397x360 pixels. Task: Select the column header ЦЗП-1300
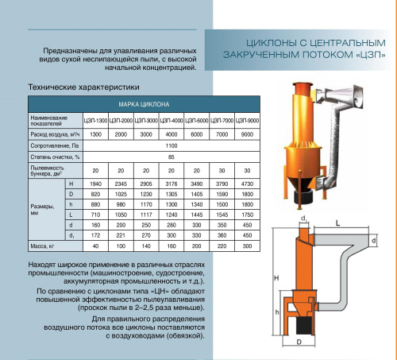tap(94, 119)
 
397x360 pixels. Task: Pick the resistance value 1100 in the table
tap(171, 146)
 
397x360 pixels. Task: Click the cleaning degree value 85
tap(171, 157)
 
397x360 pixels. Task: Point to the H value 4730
tap(247, 184)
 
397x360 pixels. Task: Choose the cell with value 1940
tap(94, 184)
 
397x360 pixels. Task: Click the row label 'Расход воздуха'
tap(52, 134)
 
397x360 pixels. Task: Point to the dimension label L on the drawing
tap(340, 224)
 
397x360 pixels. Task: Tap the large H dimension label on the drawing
tap(274, 278)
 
